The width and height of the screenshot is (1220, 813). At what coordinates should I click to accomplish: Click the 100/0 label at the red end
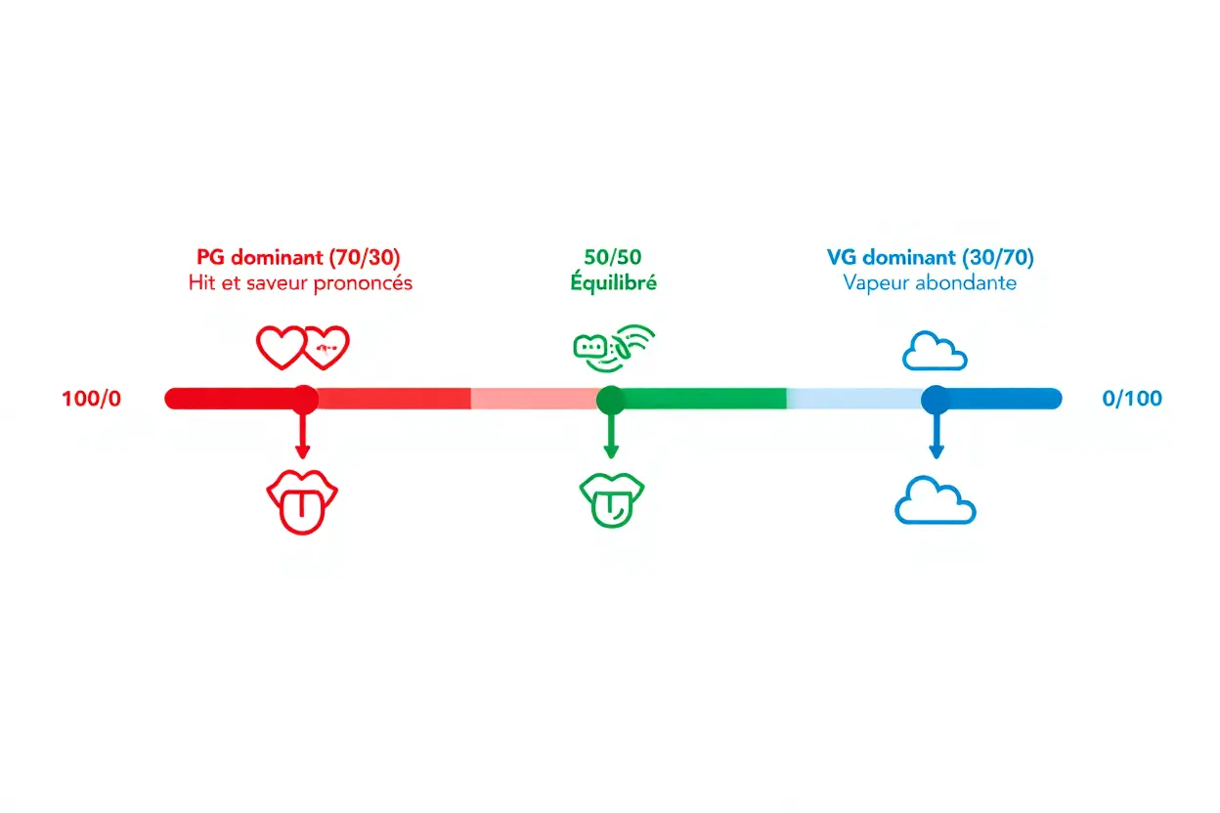[x=92, y=399]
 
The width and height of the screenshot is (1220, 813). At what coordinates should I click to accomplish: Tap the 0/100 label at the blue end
[x=1132, y=399]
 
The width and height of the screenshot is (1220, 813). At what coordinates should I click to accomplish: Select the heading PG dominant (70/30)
[x=298, y=258]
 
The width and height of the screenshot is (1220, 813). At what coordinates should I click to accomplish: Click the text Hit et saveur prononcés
[x=300, y=283]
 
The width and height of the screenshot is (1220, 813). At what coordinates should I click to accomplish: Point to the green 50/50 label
[x=613, y=258]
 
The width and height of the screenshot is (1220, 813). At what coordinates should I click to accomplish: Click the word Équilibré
[x=613, y=283]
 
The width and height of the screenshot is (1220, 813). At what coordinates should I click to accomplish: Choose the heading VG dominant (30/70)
[x=930, y=258]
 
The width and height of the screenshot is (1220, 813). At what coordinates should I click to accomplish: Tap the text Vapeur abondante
[x=930, y=283]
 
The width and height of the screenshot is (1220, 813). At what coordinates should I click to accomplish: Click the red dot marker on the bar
[x=305, y=398]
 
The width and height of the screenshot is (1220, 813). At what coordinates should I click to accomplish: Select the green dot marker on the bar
[x=610, y=398]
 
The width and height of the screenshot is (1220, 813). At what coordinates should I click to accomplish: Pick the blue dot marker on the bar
[x=936, y=398]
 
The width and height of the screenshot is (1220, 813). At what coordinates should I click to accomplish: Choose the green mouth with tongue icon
[x=612, y=499]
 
